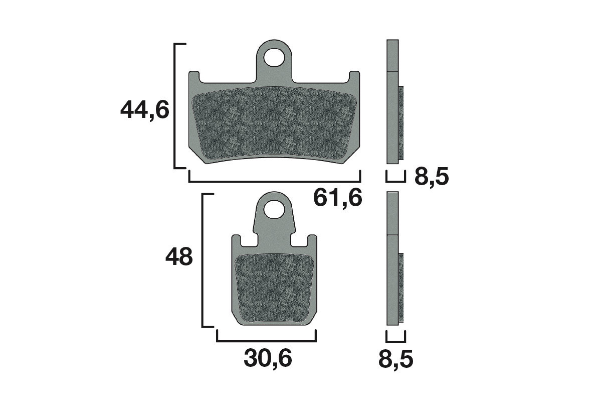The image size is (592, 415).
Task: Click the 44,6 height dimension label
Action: [x=145, y=110]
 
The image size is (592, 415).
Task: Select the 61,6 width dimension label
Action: [x=337, y=198]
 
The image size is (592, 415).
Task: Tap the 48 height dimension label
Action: [x=179, y=257]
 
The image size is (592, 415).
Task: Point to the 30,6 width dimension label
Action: [x=268, y=359]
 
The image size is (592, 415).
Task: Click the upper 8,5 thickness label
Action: [x=431, y=177]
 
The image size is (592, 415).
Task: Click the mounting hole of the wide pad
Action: [x=274, y=57]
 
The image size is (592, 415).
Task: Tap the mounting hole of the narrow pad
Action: [x=274, y=209]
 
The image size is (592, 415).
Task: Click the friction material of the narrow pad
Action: [x=274, y=288]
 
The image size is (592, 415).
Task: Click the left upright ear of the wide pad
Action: [x=193, y=78]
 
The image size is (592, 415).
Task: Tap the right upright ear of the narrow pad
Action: [x=312, y=241]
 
